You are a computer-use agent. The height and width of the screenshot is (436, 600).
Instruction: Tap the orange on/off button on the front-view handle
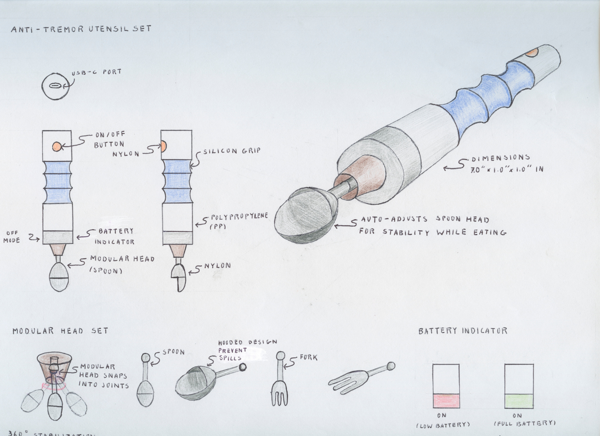(x=57, y=147)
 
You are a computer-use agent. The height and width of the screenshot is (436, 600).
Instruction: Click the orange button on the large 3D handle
(x=531, y=53)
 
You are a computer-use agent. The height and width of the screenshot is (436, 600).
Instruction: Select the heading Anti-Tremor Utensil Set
(x=81, y=29)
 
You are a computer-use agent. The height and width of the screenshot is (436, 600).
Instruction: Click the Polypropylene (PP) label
(x=239, y=220)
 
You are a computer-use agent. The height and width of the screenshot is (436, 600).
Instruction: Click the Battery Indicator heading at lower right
(x=463, y=331)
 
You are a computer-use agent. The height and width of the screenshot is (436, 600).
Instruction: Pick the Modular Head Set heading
(x=60, y=331)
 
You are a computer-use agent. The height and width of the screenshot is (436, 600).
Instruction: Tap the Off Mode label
(x=12, y=236)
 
